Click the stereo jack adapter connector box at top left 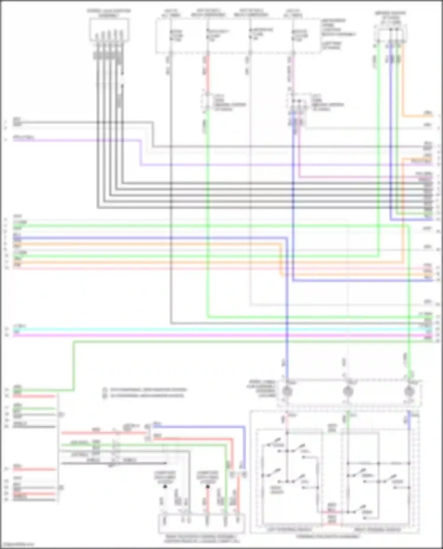109,30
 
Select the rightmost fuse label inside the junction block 299,35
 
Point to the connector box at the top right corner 391,33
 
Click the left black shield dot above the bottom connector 165,486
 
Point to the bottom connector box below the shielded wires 202,524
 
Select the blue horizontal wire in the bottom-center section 201,427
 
